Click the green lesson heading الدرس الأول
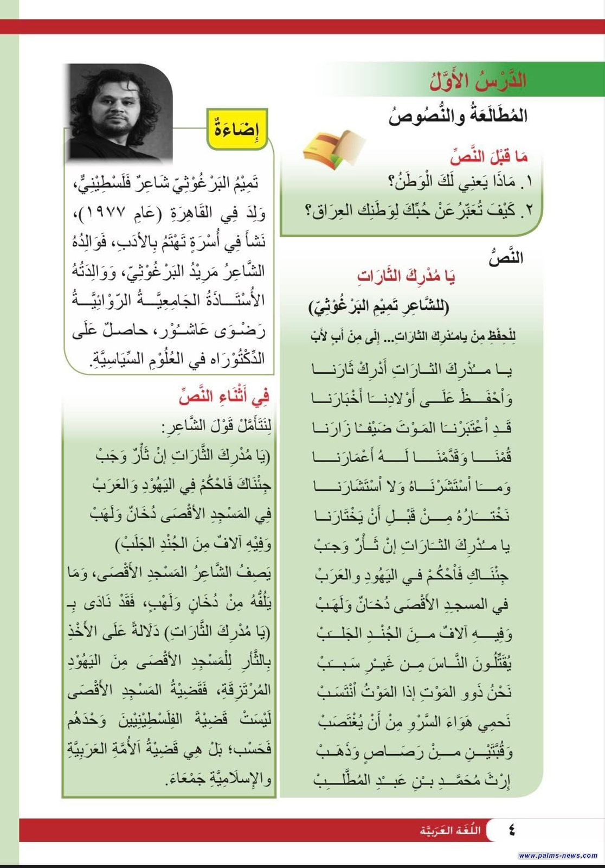click(478, 81)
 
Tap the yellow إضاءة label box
click(237, 129)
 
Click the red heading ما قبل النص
click(488, 157)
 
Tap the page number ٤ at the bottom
click(511, 829)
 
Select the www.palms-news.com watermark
click(558, 856)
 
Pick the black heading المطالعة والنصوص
click(458, 116)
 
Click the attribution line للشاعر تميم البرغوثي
click(379, 307)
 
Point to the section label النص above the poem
click(506, 257)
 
